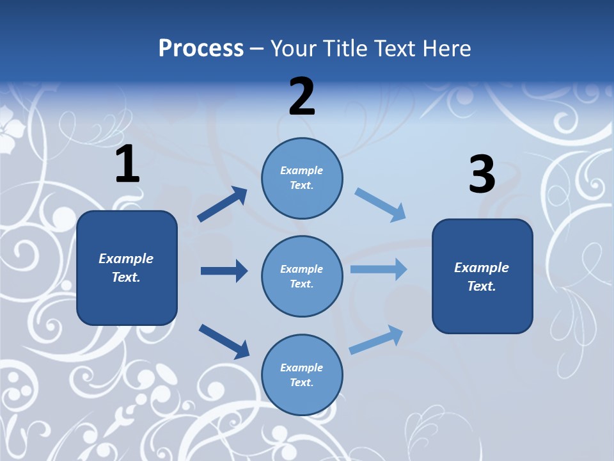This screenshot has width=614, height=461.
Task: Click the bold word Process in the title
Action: coord(201,48)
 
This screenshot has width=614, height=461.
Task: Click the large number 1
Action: coord(127,164)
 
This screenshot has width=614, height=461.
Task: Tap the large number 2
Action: coord(302,97)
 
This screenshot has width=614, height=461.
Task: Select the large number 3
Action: coord(482,175)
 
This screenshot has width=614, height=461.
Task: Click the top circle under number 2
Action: coord(302,178)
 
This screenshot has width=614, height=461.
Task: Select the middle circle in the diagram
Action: coord(302,277)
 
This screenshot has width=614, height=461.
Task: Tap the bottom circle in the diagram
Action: coord(302,375)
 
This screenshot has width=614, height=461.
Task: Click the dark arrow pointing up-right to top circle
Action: coord(223,204)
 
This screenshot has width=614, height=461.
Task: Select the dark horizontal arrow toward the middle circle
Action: coord(224,271)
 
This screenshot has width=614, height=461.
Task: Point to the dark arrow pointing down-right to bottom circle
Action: coord(224,341)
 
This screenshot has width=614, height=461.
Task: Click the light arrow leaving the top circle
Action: coord(380,205)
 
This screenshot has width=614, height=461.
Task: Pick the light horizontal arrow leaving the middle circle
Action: coord(379,269)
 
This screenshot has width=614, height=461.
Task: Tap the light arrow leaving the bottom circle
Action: coord(377,339)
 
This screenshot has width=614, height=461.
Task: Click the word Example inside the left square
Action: coord(126,259)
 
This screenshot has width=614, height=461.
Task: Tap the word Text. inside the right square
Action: coord(482,286)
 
